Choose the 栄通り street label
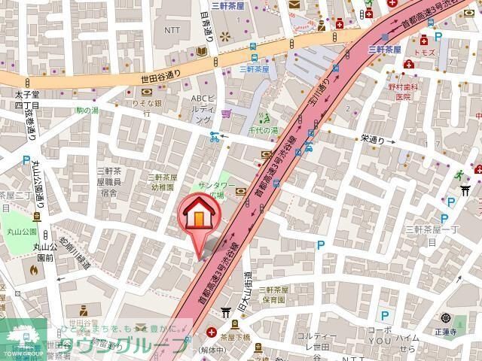coord(372,139)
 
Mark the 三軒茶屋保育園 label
coord(271,294)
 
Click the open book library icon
coord(201,51)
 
